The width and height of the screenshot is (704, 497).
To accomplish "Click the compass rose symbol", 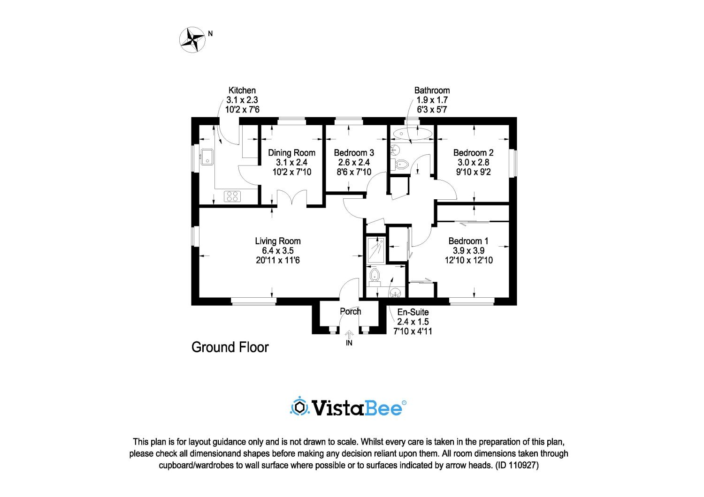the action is (192, 40).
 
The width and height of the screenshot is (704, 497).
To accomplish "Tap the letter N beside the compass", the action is (210, 34).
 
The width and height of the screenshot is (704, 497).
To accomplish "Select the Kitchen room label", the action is (242, 90).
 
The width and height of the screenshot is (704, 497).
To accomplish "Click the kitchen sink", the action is (207, 157).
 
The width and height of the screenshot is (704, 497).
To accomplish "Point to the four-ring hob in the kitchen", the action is (232, 196).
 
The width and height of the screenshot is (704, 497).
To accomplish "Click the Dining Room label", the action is (291, 153).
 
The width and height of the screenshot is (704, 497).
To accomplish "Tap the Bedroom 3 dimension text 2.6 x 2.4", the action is (354, 162).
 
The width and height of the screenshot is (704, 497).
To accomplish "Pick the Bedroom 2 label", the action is (473, 153).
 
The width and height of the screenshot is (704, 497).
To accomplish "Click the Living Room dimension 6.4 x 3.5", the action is (278, 250).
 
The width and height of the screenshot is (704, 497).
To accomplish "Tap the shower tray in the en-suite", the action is (376, 250).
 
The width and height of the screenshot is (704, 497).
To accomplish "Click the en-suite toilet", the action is (375, 277).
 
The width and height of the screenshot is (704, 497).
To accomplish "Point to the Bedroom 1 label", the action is (468, 241).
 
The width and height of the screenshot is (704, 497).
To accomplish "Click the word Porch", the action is (351, 311).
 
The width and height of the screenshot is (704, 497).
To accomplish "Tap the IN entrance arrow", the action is (349, 335).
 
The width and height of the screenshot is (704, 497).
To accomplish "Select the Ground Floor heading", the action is (230, 347).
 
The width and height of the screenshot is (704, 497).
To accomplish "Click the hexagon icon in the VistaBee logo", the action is (300, 407).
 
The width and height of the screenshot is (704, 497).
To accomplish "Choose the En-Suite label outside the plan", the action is (413, 312).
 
